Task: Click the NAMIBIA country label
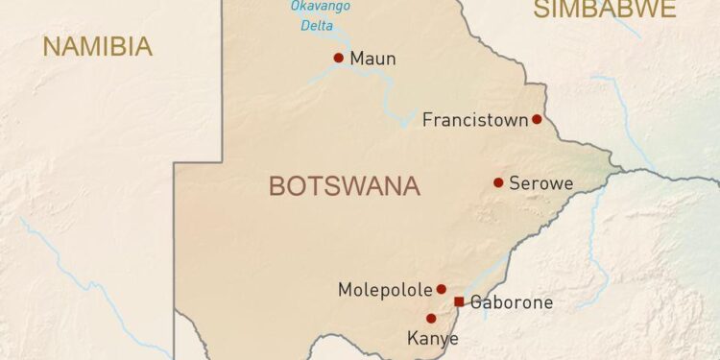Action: (97, 46)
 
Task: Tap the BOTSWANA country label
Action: (344, 186)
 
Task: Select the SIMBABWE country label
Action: (605, 10)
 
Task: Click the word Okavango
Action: (320, 7)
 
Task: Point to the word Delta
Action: (317, 26)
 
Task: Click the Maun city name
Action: (373, 59)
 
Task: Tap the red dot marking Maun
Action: (338, 58)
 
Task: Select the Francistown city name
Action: (475, 120)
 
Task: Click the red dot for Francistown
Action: (537, 119)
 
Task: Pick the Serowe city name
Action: (540, 182)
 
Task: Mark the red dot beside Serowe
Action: (498, 182)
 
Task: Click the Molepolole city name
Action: (385, 289)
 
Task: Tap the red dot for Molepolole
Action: (442, 288)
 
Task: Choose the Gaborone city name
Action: (512, 302)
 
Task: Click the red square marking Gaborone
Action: (459, 301)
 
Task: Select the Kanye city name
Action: (432, 338)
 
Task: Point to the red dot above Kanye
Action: (431, 318)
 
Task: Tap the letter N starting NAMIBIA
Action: (51, 46)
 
